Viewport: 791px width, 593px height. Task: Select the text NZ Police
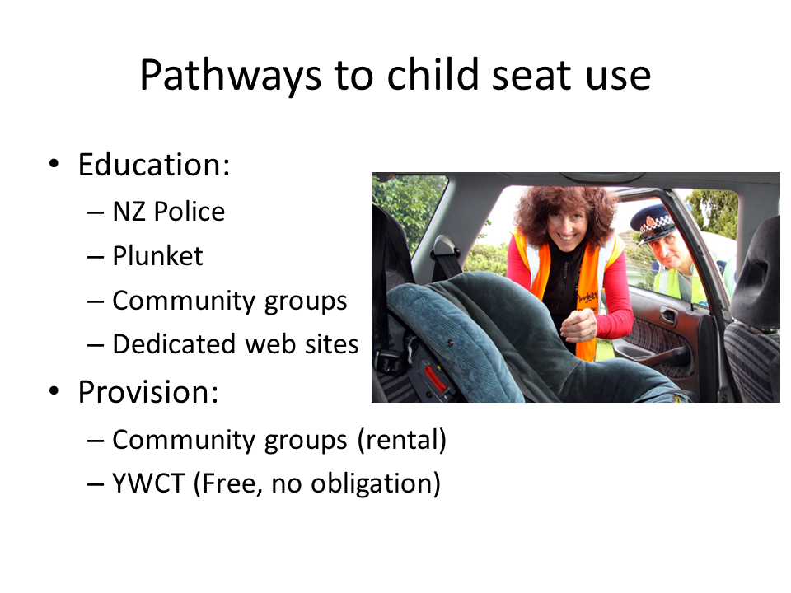click(x=168, y=212)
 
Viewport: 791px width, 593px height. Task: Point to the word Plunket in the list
click(x=157, y=256)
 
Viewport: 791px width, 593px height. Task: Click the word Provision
click(x=148, y=391)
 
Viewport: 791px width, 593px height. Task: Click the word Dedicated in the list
click(x=163, y=344)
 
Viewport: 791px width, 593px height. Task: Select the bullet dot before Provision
click(x=54, y=390)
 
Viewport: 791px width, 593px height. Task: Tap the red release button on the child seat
click(x=436, y=379)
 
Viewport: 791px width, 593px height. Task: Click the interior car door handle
click(x=668, y=315)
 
